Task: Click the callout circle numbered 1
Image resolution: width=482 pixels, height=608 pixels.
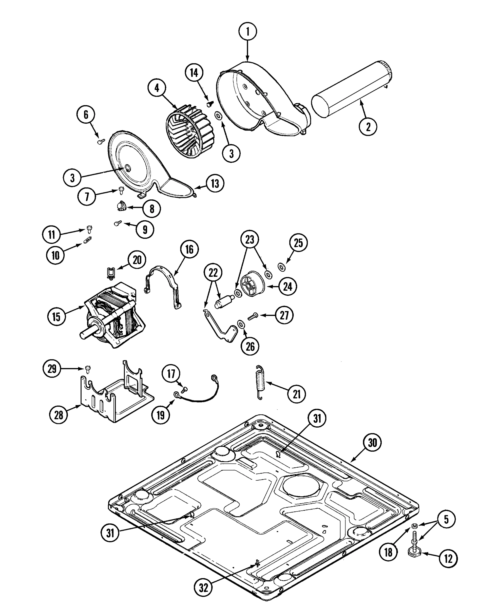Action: pos(247,32)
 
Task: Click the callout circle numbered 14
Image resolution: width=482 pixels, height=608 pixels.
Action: pos(194,73)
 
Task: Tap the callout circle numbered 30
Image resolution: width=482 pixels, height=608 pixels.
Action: pos(372,443)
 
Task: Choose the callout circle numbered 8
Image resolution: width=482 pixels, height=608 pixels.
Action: pos(152,209)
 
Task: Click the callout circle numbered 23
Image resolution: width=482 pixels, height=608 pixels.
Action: pos(249,239)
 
